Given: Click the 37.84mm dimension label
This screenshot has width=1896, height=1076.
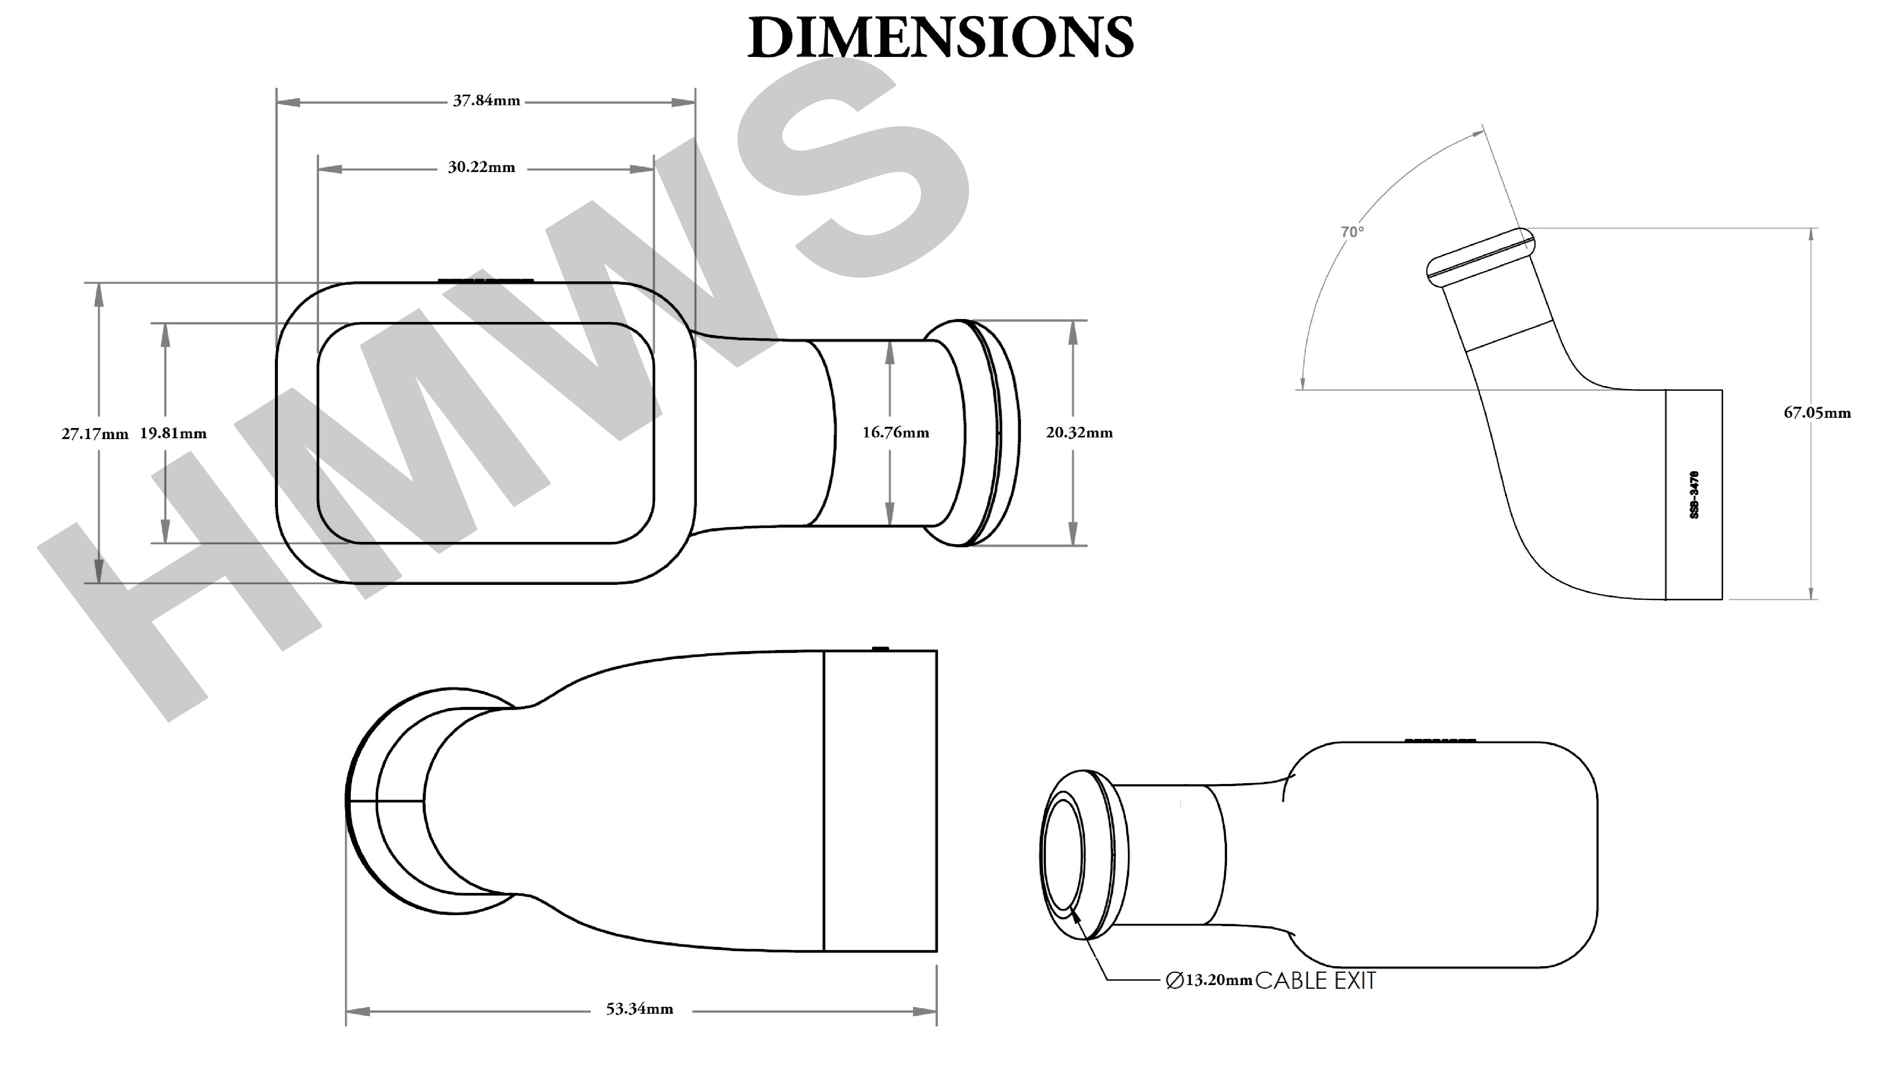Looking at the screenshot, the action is coord(486,100).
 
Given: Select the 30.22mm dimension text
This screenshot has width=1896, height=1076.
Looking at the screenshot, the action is coord(481,168).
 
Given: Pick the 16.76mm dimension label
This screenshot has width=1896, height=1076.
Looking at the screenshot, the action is coord(896,432).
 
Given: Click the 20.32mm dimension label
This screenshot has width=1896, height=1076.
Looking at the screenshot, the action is coord(1079,432).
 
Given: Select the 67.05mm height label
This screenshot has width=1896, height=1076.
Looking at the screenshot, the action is coord(1818,413).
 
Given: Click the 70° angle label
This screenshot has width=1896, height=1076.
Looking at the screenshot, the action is coord(1352,232).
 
